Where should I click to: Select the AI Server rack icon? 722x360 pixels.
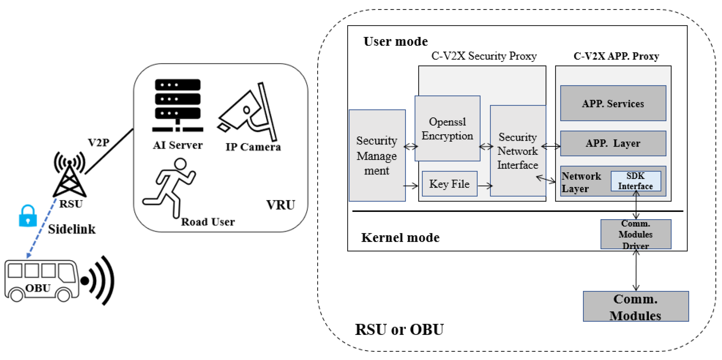click(178, 105)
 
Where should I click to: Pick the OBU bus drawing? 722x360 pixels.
click(42, 281)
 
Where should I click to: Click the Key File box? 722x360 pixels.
click(450, 184)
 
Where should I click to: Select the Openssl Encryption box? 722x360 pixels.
click(447, 128)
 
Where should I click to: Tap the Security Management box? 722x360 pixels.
click(377, 155)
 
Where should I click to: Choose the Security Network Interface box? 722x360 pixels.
click(518, 151)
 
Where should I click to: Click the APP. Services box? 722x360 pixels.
click(613, 103)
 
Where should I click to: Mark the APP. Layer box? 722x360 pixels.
click(613, 143)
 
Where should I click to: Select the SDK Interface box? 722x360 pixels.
click(636, 181)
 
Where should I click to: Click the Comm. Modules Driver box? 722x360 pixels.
click(636, 234)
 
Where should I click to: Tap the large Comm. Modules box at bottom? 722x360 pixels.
click(636, 306)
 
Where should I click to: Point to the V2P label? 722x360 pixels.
click(99, 143)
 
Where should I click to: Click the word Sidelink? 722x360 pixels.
click(72, 229)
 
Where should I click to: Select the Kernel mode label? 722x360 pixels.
click(400, 237)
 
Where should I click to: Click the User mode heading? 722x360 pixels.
click(396, 41)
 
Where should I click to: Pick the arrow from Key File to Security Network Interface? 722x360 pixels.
click(485, 185)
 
